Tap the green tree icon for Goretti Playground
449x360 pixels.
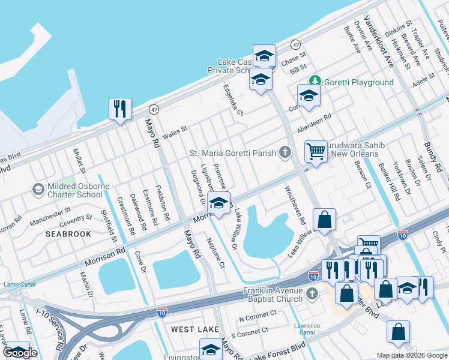(314, 82)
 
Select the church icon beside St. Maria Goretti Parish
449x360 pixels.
(285, 152)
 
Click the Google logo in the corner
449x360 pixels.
(20, 353)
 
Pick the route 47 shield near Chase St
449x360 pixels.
(295, 45)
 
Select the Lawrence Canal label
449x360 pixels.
(307, 329)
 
